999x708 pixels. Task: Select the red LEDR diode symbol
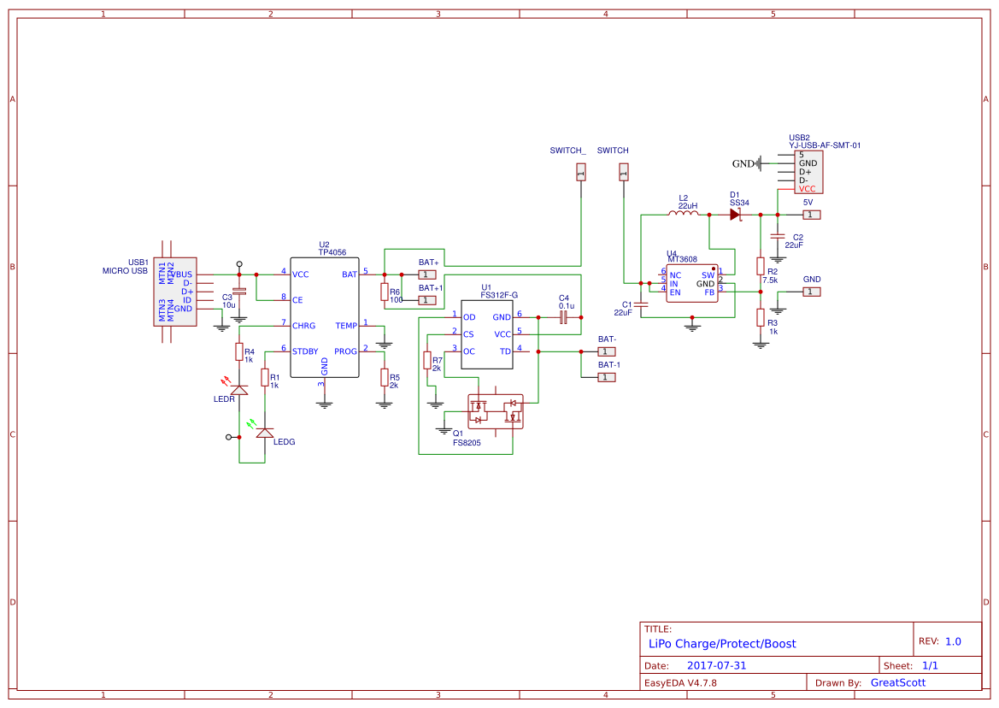(x=239, y=389)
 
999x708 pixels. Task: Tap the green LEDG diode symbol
(x=265, y=434)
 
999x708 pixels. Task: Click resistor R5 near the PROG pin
(x=384, y=377)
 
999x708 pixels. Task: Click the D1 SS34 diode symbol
(x=736, y=215)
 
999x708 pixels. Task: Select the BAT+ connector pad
(x=427, y=274)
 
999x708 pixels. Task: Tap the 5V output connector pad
(x=813, y=215)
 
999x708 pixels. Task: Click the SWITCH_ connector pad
(x=581, y=173)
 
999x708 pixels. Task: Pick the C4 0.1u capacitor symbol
(x=563, y=317)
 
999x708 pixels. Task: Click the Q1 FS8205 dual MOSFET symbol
(x=495, y=411)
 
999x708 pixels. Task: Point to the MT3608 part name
(x=682, y=259)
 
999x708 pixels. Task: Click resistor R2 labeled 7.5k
(x=760, y=266)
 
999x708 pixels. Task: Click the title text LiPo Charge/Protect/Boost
(x=722, y=643)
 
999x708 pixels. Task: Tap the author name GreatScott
(x=897, y=682)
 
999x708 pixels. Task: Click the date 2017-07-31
(x=716, y=665)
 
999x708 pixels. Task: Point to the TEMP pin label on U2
(x=346, y=326)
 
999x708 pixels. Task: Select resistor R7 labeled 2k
(x=426, y=362)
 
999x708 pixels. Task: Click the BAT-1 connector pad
(x=605, y=377)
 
